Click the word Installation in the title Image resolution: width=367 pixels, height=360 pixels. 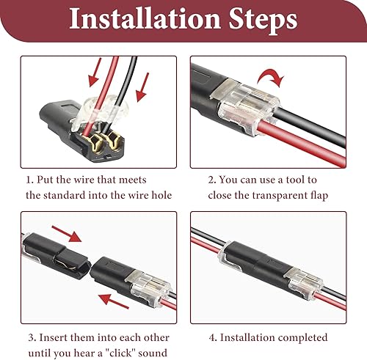[x=145, y=18]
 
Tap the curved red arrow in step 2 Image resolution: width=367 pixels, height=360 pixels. [x=271, y=77]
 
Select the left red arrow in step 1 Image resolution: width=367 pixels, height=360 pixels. [x=95, y=73]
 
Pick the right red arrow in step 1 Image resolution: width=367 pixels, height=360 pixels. [x=142, y=87]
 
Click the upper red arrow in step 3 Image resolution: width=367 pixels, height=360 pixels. [x=67, y=234]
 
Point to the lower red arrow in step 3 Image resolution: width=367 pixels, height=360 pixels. [x=113, y=301]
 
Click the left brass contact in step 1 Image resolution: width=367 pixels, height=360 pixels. [x=93, y=143]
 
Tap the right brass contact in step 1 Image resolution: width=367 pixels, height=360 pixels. [x=114, y=142]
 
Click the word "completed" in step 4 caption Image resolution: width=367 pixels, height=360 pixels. [x=302, y=338]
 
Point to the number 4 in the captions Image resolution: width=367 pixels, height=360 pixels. [x=213, y=338]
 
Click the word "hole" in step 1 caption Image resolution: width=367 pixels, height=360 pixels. [x=161, y=195]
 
